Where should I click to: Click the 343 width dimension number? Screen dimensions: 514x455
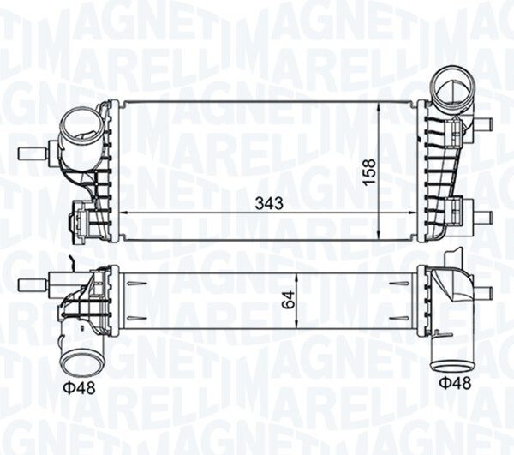tap(269, 204)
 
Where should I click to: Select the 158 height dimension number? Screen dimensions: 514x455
tap(369, 172)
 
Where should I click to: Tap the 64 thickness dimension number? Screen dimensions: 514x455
tap(288, 301)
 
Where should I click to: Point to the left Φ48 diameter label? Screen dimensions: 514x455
tap(79, 388)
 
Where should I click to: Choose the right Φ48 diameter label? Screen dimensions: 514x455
tap(455, 382)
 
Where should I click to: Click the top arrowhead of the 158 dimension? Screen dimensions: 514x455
tap(380, 105)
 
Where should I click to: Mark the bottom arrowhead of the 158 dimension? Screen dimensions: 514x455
tap(380, 236)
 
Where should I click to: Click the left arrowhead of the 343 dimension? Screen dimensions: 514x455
tap(124, 213)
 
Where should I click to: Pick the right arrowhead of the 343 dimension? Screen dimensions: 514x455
tap(414, 213)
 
